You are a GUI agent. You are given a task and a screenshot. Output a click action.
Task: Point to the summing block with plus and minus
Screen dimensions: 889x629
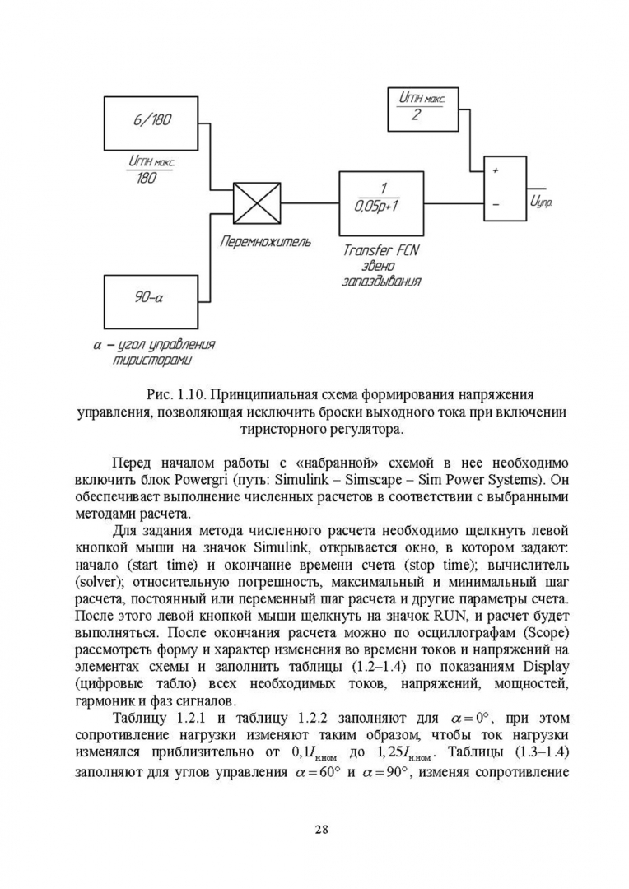click(x=503, y=188)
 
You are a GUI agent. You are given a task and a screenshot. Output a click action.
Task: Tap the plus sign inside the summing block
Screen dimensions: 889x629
click(x=496, y=170)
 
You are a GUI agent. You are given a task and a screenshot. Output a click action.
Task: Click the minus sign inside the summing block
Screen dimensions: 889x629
click(x=496, y=202)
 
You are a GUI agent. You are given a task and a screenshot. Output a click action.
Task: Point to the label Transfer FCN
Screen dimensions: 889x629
click(x=380, y=249)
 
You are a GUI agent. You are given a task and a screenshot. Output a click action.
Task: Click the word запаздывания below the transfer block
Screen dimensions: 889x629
click(x=382, y=282)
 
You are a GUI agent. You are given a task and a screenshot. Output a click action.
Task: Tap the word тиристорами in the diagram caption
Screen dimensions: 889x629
click(x=153, y=361)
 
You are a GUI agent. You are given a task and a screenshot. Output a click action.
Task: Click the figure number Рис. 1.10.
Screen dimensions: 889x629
click(x=173, y=394)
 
